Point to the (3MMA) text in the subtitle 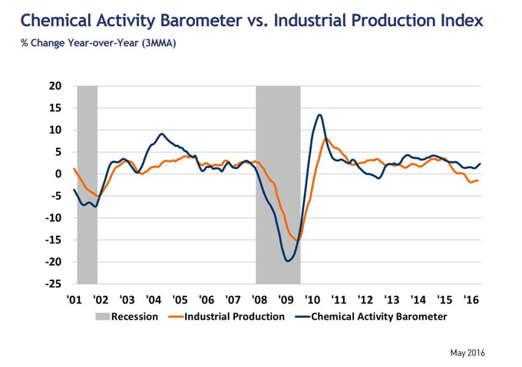(x=158, y=42)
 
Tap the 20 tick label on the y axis (x=55, y=86)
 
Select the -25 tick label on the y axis (x=52, y=284)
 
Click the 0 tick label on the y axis (x=58, y=174)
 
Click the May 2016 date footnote (x=467, y=353)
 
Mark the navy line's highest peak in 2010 (x=319, y=115)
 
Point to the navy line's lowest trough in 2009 (x=288, y=261)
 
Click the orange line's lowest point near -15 (x=296, y=240)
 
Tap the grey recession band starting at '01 (x=88, y=184)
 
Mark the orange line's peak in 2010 (x=326, y=139)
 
